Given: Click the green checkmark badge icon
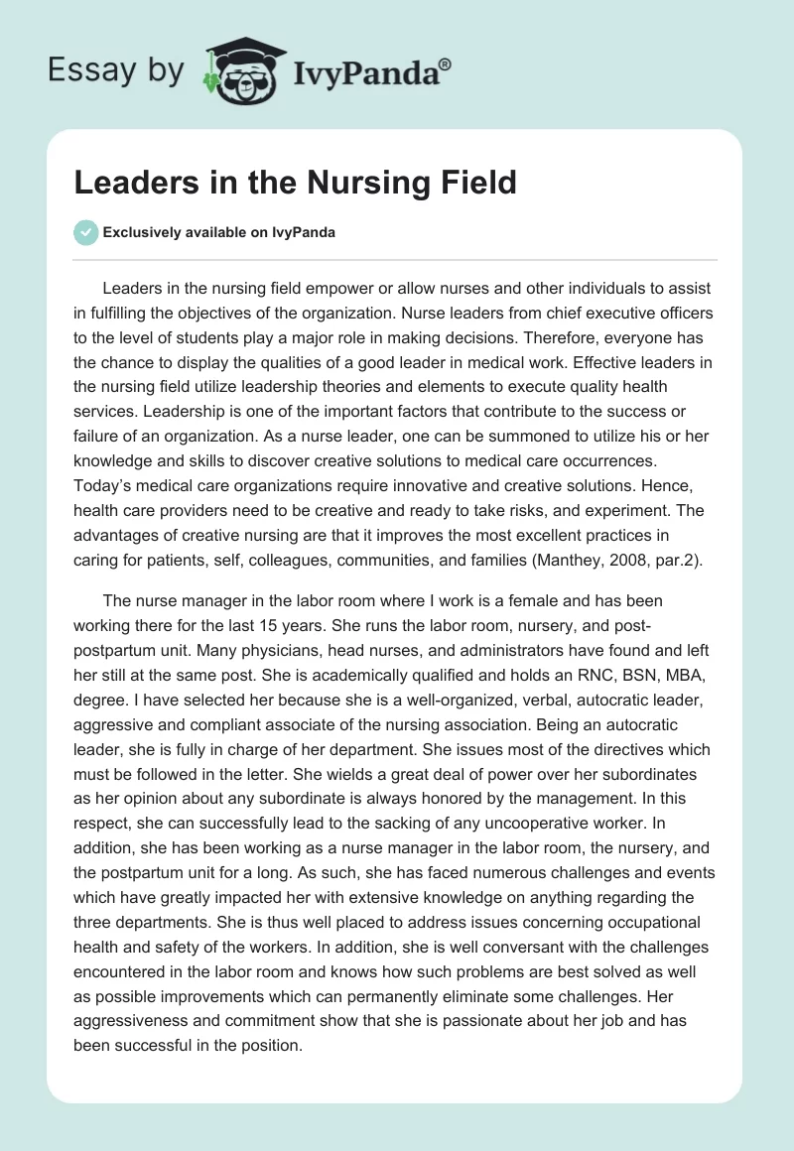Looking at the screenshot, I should tap(85, 232).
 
